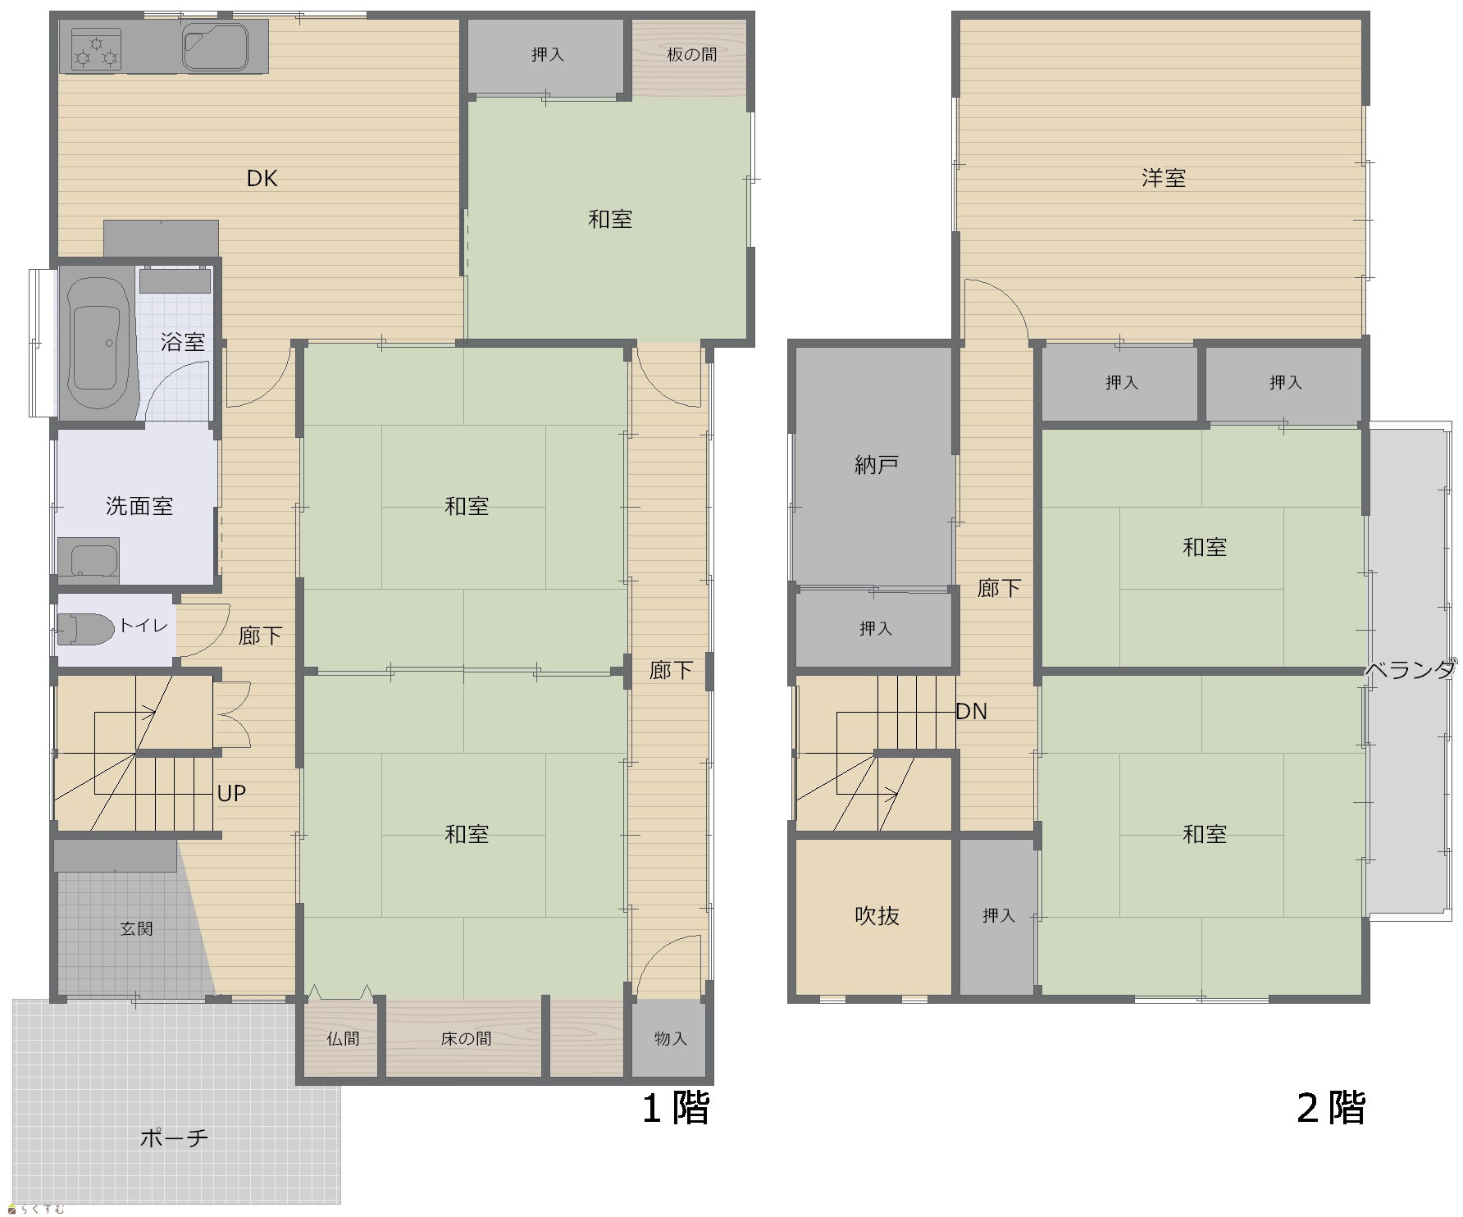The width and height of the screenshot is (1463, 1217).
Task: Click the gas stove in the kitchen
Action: tap(96, 48)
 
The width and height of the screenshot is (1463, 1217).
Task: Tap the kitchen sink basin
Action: tap(216, 47)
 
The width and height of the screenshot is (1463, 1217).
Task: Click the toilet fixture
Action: tap(85, 628)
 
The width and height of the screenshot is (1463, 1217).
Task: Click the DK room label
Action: tap(262, 178)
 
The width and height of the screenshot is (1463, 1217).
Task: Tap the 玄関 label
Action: tap(136, 928)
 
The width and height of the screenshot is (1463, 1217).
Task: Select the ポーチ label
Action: tap(174, 1138)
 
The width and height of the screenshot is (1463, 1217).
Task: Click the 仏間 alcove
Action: tap(343, 1039)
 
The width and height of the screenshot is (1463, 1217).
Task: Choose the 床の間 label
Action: tap(466, 1039)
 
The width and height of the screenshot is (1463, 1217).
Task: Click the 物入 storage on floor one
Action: tap(669, 1038)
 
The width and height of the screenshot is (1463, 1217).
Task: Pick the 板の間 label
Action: tap(691, 54)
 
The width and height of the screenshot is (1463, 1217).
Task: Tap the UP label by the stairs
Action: tap(231, 793)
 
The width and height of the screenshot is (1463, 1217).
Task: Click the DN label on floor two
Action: tap(972, 711)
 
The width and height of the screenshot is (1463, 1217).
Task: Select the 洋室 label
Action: tap(1164, 178)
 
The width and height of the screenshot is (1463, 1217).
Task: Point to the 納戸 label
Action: tap(877, 465)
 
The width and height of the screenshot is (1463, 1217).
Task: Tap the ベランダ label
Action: tap(1411, 670)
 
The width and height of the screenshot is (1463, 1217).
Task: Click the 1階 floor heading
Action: tap(675, 1108)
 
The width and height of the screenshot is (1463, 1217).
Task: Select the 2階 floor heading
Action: tap(1331, 1108)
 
